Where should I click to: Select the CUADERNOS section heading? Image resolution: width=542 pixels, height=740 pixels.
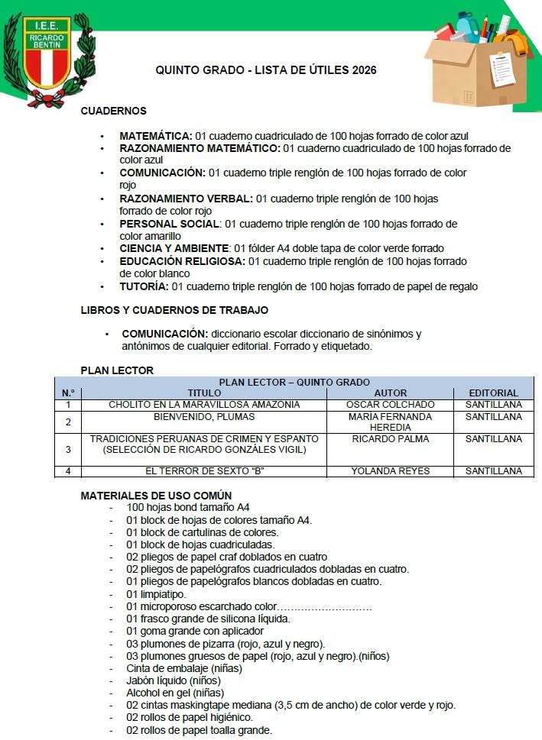(114, 111)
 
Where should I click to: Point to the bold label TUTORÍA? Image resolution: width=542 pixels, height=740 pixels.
(144, 286)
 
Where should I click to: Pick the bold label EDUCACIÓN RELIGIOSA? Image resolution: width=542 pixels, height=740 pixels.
(182, 261)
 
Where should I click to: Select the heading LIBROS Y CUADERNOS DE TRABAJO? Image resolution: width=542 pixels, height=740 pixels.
(174, 311)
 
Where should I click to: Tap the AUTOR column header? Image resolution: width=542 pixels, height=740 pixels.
(390, 393)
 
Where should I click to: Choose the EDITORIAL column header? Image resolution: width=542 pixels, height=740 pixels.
(493, 393)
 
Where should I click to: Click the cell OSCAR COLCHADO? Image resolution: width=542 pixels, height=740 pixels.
(390, 404)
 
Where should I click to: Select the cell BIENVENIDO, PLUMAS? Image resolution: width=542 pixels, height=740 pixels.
(204, 417)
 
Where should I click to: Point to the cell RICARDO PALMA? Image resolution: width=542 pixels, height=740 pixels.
(390, 439)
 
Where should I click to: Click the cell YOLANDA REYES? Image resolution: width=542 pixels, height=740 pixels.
(390, 471)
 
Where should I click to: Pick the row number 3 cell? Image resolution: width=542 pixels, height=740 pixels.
(68, 450)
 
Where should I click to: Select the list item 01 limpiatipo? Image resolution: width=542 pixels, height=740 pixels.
(157, 593)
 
